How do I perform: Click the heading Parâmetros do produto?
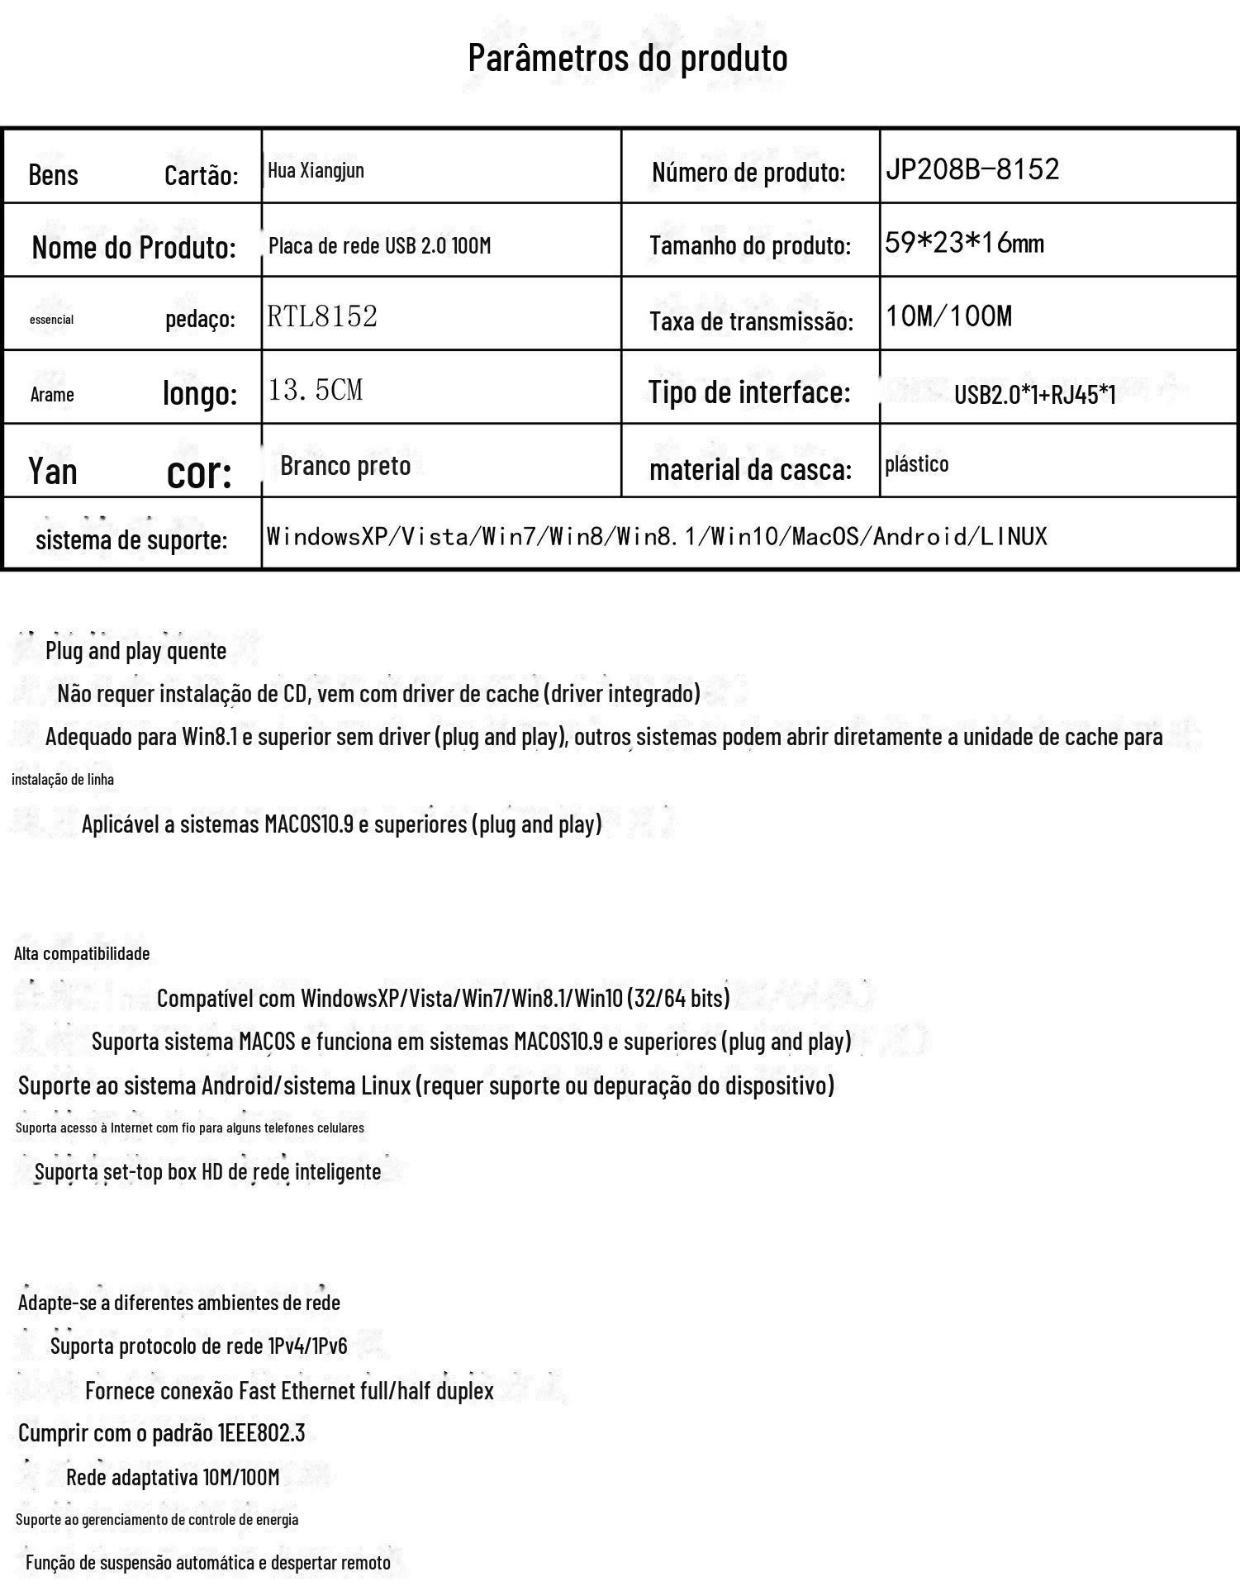click(x=627, y=58)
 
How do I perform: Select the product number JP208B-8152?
click(x=972, y=169)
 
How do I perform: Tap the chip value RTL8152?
click(x=321, y=316)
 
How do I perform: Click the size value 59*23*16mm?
click(x=964, y=243)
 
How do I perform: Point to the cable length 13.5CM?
click(x=315, y=389)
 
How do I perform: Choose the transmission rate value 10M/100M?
click(x=948, y=316)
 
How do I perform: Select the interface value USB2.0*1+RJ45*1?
click(x=1034, y=394)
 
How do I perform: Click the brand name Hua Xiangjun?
click(x=316, y=170)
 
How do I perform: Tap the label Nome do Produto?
click(x=134, y=247)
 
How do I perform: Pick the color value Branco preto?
click(x=345, y=466)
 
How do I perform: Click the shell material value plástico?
click(x=916, y=463)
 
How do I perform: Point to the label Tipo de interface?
click(x=748, y=392)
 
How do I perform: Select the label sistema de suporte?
click(x=131, y=540)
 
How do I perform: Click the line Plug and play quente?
click(x=135, y=651)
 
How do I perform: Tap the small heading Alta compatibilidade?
click(x=82, y=953)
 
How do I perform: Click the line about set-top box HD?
click(x=207, y=1171)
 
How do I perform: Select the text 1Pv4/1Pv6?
click(x=307, y=1346)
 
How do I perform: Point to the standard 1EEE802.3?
click(x=261, y=1432)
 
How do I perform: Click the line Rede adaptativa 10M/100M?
click(x=173, y=1476)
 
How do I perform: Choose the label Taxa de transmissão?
click(x=751, y=321)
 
